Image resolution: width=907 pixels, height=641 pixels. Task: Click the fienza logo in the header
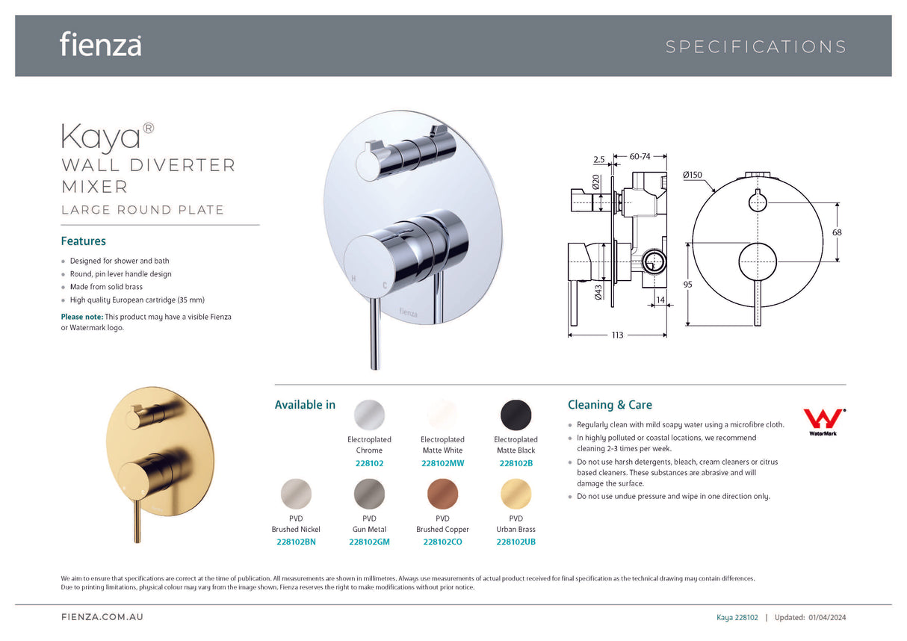(x=100, y=44)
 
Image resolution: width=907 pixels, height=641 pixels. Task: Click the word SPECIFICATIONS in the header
(x=756, y=47)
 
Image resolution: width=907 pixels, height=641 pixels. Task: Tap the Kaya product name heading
(x=101, y=137)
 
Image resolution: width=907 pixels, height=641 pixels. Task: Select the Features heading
(x=83, y=241)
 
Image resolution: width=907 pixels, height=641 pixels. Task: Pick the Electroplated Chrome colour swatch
(x=369, y=415)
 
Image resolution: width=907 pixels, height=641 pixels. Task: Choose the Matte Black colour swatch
(x=516, y=415)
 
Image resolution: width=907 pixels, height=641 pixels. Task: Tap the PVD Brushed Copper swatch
(x=442, y=494)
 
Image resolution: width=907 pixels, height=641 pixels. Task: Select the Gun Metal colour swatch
(x=369, y=494)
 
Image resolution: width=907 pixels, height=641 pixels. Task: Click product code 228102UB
(x=516, y=542)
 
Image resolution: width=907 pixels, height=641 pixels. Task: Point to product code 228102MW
(x=442, y=463)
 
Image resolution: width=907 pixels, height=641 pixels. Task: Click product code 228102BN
(x=296, y=542)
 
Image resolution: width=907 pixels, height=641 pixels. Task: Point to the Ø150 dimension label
(x=692, y=174)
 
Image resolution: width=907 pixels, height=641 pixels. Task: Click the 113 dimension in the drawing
(x=617, y=335)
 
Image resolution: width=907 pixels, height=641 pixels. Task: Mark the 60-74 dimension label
(x=640, y=157)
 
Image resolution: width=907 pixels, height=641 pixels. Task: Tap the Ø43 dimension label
(x=598, y=292)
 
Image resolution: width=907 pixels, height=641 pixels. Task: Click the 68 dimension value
(x=837, y=232)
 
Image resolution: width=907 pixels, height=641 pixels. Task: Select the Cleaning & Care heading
(x=610, y=405)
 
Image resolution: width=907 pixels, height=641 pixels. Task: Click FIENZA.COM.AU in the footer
(x=102, y=617)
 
